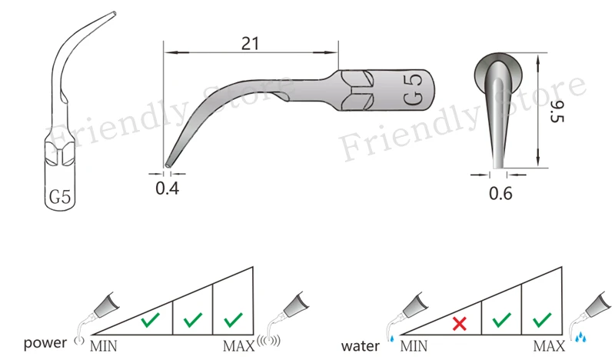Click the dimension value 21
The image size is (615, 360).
click(251, 43)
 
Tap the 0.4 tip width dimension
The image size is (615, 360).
click(167, 188)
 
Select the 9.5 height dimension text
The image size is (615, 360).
click(557, 111)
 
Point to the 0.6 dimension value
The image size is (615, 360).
click(500, 193)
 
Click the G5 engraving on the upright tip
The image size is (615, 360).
click(60, 196)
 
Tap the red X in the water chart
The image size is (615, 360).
click(459, 324)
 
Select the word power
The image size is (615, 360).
click(45, 343)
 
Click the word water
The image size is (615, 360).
click(360, 346)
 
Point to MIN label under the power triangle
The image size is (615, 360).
click(104, 346)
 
